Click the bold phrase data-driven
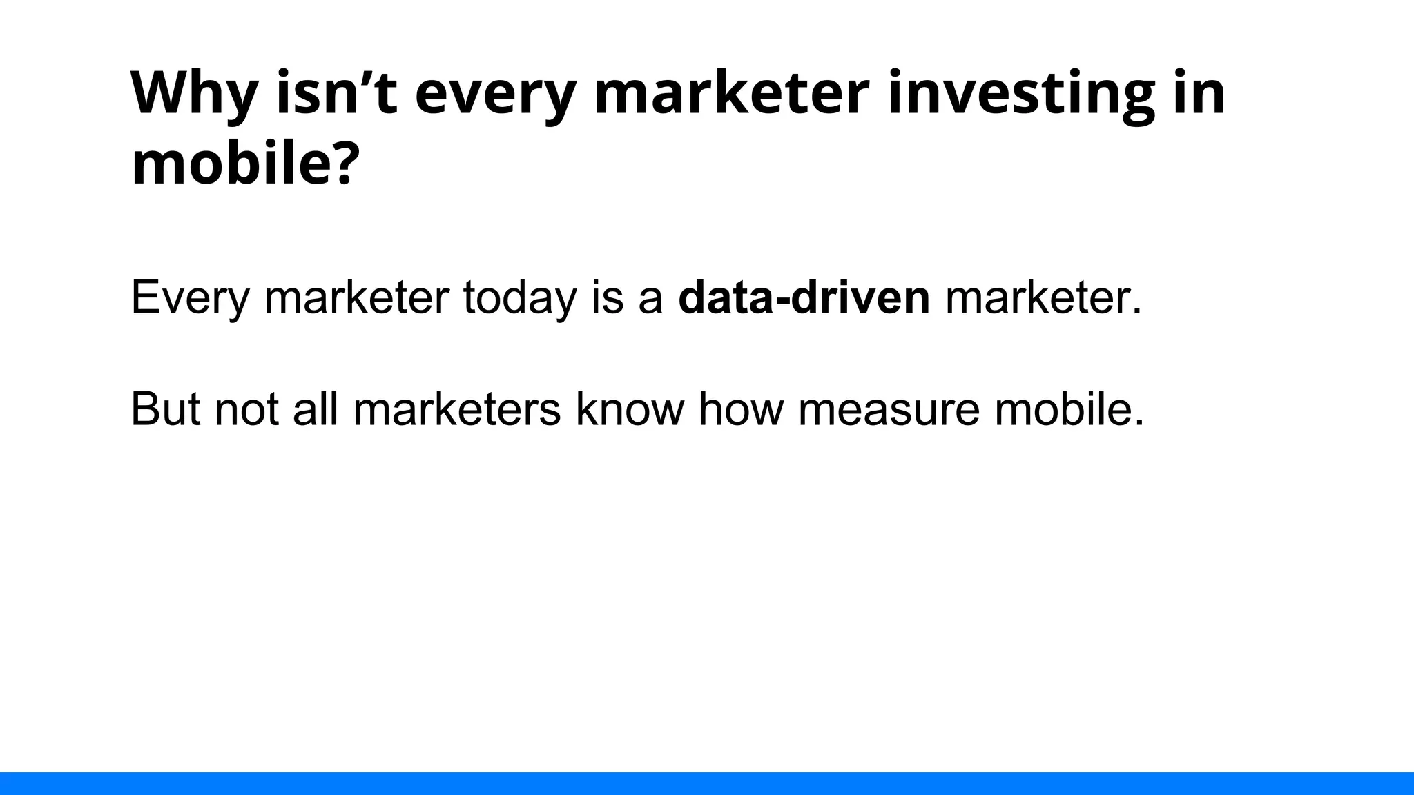tap(804, 298)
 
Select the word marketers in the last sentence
tap(457, 409)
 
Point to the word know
tap(629, 409)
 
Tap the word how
tap(741, 409)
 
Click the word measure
tap(889, 409)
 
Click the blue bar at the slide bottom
tap(707, 783)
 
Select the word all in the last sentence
tap(316, 409)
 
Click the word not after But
tap(246, 409)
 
